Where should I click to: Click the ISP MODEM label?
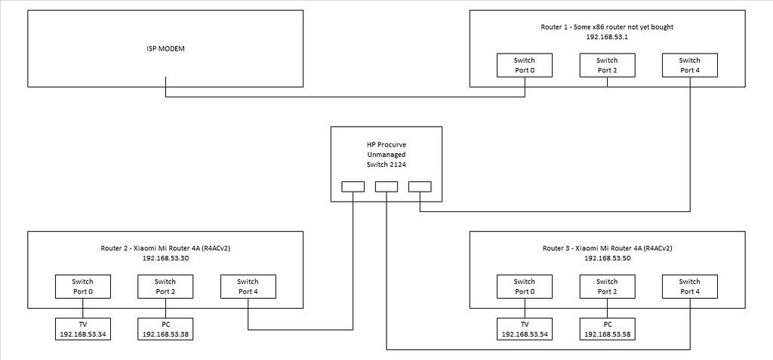click(165, 48)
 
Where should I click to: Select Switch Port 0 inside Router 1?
click(525, 66)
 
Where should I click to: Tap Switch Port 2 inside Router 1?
click(607, 66)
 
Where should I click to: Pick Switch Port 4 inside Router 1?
click(689, 66)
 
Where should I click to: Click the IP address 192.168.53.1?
click(607, 36)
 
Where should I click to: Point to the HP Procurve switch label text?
click(386, 153)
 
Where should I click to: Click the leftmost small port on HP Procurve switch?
click(353, 186)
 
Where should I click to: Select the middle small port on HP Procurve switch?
click(386, 186)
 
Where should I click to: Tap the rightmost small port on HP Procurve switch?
click(419, 186)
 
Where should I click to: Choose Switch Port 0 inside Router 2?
click(83, 286)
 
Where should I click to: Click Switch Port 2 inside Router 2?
click(165, 286)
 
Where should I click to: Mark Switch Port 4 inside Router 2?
click(248, 286)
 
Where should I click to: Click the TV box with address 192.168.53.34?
click(83, 328)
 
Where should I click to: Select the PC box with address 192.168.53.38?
click(165, 328)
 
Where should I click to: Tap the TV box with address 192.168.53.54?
click(525, 328)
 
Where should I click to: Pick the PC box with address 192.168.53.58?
click(607, 328)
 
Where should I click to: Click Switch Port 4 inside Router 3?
click(689, 286)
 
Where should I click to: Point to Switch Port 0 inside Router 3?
click(525, 286)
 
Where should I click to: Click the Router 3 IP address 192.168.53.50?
click(607, 257)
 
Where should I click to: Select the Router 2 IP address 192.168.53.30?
click(165, 257)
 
